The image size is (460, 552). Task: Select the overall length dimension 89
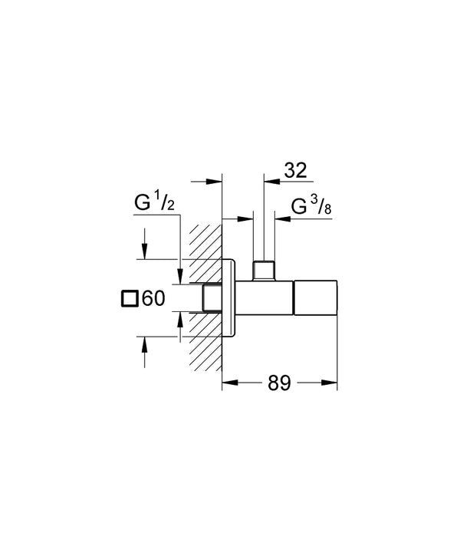pos(279,383)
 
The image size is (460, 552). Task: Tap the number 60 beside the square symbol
pos(153,299)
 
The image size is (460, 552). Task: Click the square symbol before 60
pos(130,299)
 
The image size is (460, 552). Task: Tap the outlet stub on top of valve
pos(264,271)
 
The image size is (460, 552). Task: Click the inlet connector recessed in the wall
pos(212,298)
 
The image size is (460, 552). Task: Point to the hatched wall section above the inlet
pos(204,253)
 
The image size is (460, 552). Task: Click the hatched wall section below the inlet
pos(204,341)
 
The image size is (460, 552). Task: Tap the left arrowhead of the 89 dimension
pos(227,382)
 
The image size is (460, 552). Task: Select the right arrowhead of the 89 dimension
pos(331,382)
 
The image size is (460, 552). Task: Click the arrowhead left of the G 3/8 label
pos(280,219)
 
